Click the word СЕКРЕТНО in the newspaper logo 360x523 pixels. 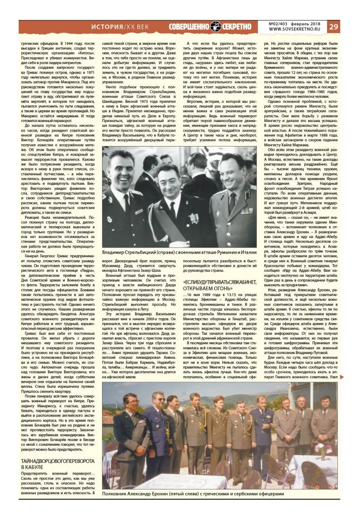tap(238, 26)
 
